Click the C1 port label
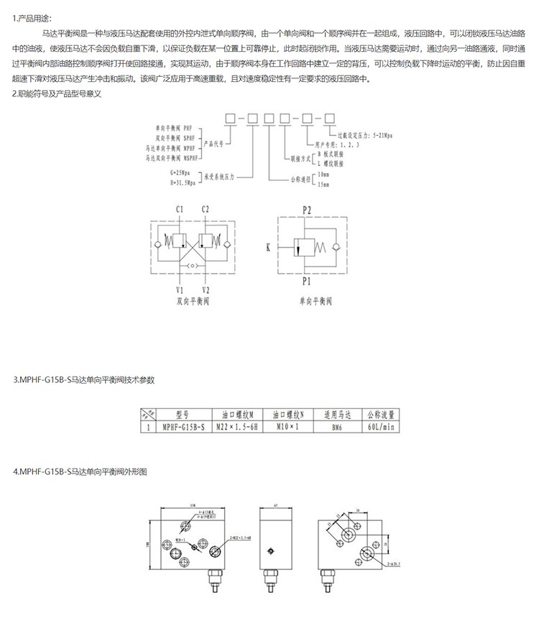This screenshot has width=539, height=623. click(x=178, y=209)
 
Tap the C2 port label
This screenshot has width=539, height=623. click(x=206, y=209)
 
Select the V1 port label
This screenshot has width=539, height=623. click(x=178, y=290)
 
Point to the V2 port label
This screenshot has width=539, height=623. click(x=206, y=290)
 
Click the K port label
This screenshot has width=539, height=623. click(x=269, y=249)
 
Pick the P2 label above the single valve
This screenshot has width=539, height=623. click(x=306, y=209)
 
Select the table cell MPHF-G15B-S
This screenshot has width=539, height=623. click(x=183, y=426)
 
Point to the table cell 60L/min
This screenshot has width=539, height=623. click(x=382, y=426)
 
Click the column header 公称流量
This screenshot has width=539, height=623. click(x=382, y=415)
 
